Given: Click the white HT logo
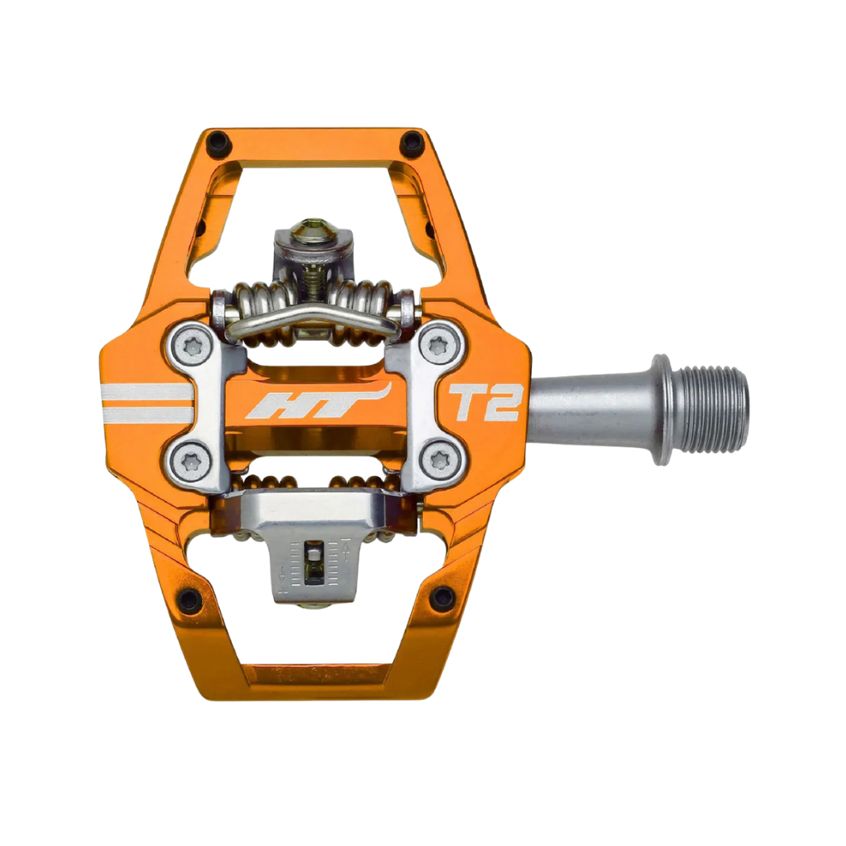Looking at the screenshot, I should (x=318, y=403).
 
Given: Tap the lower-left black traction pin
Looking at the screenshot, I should (x=188, y=599).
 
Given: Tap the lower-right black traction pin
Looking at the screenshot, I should (x=442, y=597).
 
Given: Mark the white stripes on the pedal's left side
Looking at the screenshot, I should (x=145, y=403).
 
